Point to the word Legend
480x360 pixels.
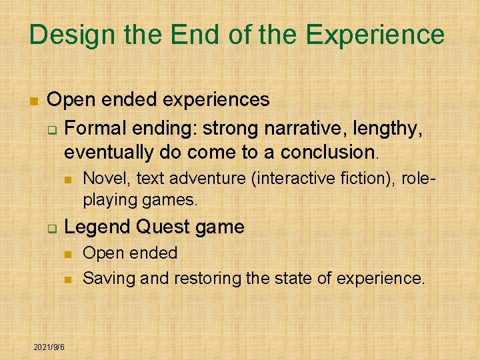click(x=97, y=227)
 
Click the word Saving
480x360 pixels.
click(x=103, y=277)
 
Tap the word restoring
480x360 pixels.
click(x=209, y=277)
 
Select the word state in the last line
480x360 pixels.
click(x=291, y=277)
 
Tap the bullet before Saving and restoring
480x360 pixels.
click(x=67, y=279)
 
